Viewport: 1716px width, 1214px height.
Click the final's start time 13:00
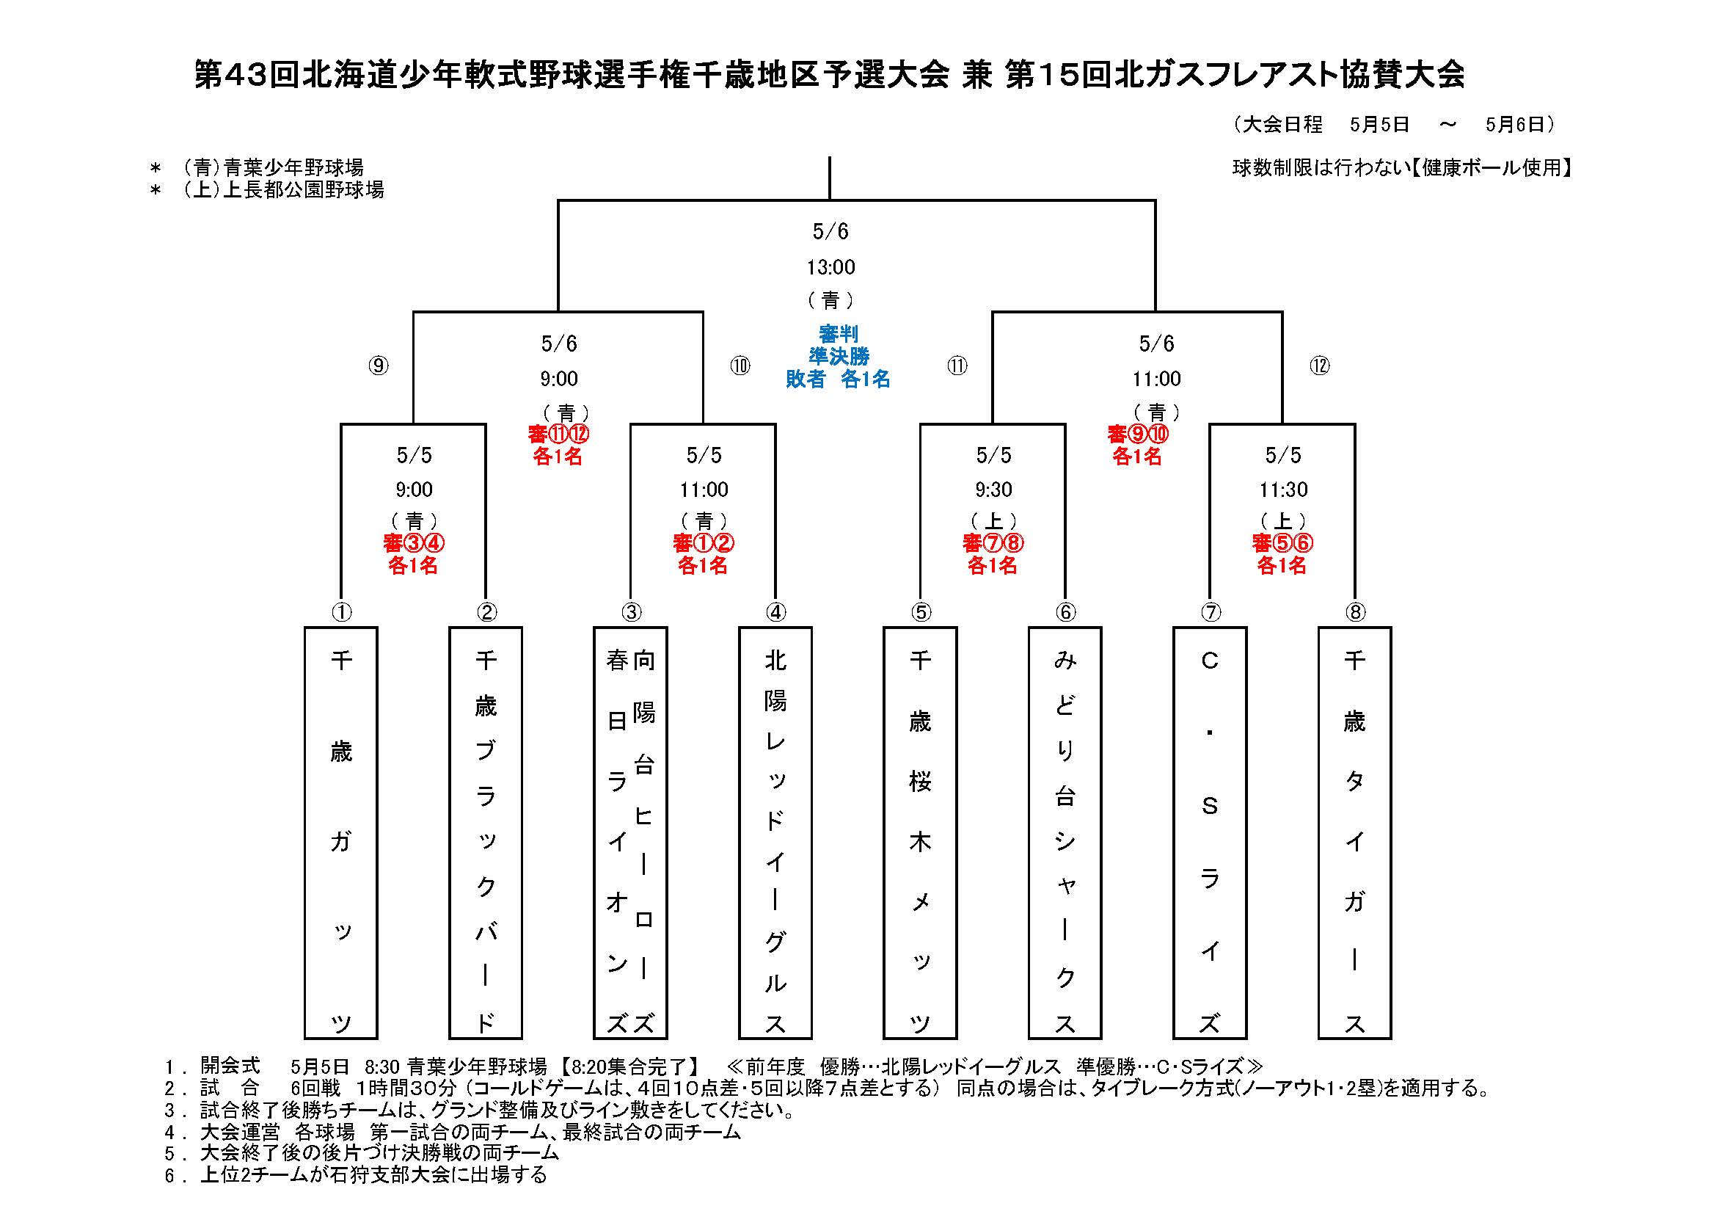pyautogui.click(x=830, y=267)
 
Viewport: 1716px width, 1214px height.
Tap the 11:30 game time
pyautogui.click(x=1283, y=490)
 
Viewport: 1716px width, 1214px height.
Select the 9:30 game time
pyautogui.click(x=993, y=490)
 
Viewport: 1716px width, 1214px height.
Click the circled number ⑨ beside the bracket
pyautogui.click(x=379, y=366)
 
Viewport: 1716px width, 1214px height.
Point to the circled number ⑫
pyautogui.click(x=1320, y=366)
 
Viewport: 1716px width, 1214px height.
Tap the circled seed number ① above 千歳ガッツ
pyautogui.click(x=342, y=612)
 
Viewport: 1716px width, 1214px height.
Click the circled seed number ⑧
pyautogui.click(x=1355, y=612)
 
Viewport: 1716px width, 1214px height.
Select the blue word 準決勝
pyautogui.click(x=839, y=356)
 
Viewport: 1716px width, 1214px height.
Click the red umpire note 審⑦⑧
pyautogui.click(x=993, y=542)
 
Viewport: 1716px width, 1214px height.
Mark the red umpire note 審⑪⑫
pyautogui.click(x=558, y=434)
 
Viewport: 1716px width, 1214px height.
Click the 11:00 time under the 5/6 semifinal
pyautogui.click(x=1156, y=379)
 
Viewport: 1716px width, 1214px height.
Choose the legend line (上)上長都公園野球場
pyautogui.click(x=283, y=190)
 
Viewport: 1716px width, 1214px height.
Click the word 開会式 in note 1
pyautogui.click(x=230, y=1065)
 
